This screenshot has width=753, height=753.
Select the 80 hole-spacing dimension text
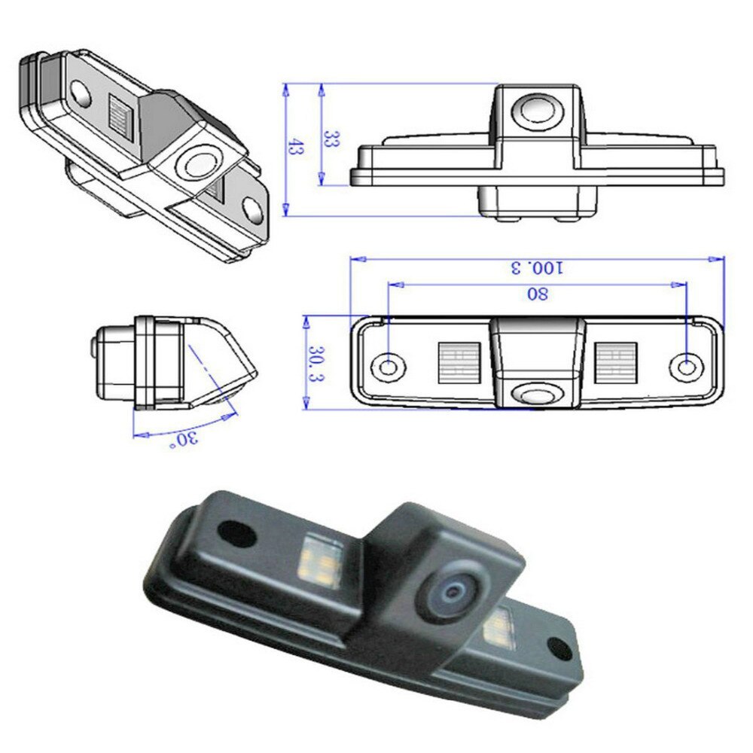[x=537, y=294]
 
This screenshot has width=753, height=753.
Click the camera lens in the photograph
[x=453, y=593]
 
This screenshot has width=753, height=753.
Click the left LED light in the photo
[x=319, y=560]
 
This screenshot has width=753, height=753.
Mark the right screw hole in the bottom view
[x=686, y=367]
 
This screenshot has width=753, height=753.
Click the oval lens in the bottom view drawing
[x=538, y=393]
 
